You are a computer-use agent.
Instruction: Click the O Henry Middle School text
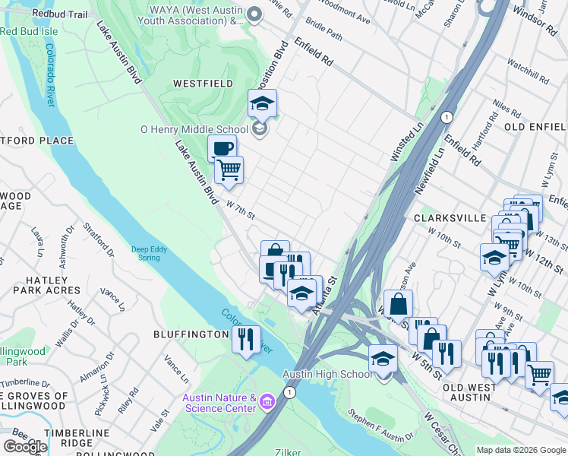click(194, 129)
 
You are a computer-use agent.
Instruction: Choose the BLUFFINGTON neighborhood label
click(192, 334)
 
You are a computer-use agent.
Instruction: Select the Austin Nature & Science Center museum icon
click(267, 401)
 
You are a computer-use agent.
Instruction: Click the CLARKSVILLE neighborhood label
click(450, 217)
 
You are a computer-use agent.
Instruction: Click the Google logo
click(25, 446)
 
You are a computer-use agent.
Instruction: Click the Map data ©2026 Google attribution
click(521, 449)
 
